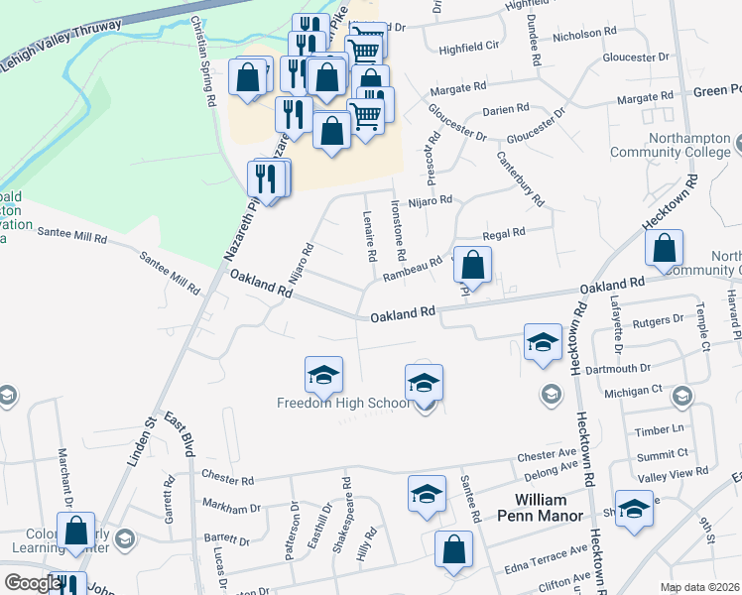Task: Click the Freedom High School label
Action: tap(342, 404)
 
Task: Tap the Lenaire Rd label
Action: tap(370, 235)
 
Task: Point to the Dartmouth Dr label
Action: tap(646, 367)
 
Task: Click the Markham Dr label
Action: tap(231, 508)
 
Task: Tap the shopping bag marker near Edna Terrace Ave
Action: tap(453, 550)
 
